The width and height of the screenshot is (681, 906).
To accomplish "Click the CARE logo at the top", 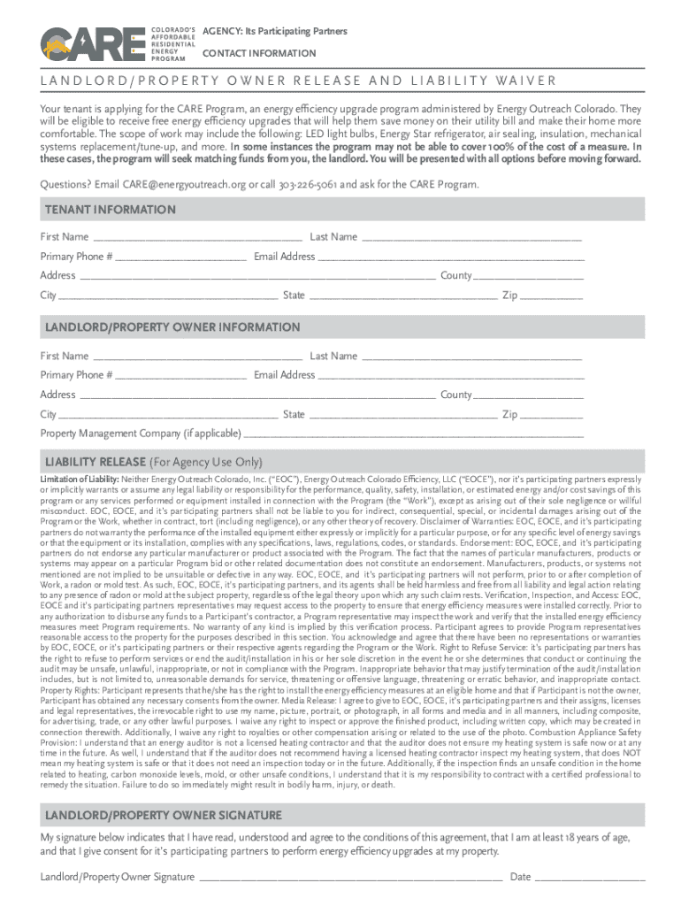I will pos(92,42).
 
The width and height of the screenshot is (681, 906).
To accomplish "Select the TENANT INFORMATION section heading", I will pos(111,211).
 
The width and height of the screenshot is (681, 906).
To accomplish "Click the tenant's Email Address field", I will pos(451,257).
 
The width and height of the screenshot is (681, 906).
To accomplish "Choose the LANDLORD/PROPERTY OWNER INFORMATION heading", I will pos(172,327).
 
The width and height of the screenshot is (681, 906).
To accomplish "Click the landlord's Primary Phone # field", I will pos(180,375).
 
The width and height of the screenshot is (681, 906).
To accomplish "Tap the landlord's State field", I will pos(402,415).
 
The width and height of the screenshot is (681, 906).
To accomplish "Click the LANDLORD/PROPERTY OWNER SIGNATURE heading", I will pos(164,815).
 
